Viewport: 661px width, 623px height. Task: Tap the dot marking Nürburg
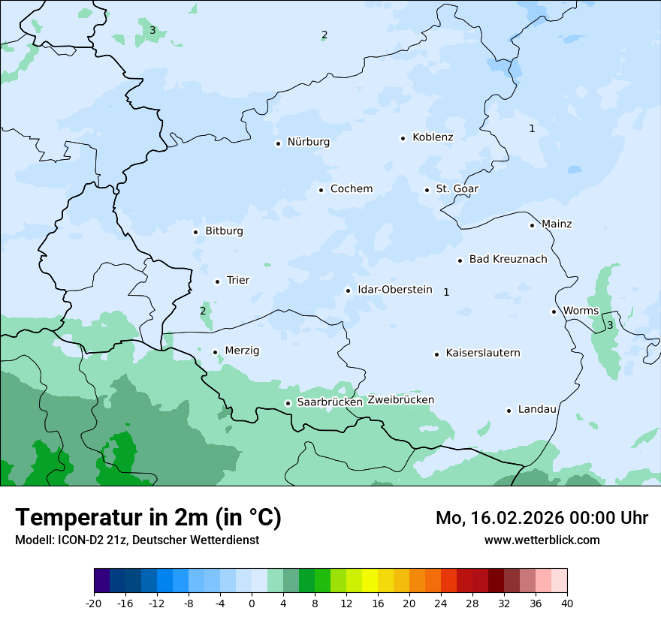pyautogui.click(x=278, y=143)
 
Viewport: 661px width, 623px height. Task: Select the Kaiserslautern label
pyautogui.click(x=483, y=353)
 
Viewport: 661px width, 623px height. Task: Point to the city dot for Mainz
pyautogui.click(x=532, y=225)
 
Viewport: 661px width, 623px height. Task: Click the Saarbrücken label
pyautogui.click(x=330, y=402)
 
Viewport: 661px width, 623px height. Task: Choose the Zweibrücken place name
pyautogui.click(x=401, y=400)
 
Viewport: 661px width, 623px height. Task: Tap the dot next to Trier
pyautogui.click(x=217, y=281)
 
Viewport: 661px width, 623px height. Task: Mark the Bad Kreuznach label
pyautogui.click(x=508, y=259)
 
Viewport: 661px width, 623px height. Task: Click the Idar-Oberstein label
pyautogui.click(x=394, y=290)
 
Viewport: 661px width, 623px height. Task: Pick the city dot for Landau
pyautogui.click(x=509, y=411)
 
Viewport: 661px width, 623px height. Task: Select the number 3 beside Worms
pyautogui.click(x=610, y=325)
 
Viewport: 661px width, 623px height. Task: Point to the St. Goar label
pyautogui.click(x=457, y=189)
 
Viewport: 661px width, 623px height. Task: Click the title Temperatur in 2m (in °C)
pyautogui.click(x=148, y=517)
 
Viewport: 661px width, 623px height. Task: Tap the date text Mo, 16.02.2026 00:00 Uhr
pyautogui.click(x=542, y=518)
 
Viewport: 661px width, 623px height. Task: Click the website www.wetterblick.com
pyautogui.click(x=542, y=540)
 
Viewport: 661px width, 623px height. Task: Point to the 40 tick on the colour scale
pyautogui.click(x=567, y=603)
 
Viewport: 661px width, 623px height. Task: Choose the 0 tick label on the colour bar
pyautogui.click(x=252, y=603)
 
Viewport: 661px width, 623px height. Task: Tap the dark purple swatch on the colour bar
pyautogui.click(x=101, y=581)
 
